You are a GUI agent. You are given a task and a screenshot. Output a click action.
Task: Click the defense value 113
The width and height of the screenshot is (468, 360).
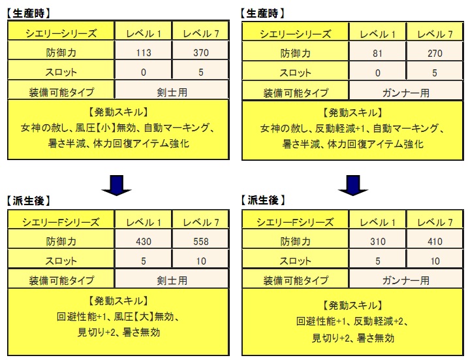pyautogui.click(x=144, y=53)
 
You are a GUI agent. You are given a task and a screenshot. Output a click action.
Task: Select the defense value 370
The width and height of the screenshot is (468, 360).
pyautogui.click(x=201, y=53)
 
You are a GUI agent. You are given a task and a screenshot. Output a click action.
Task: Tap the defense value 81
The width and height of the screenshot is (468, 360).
pyautogui.click(x=377, y=54)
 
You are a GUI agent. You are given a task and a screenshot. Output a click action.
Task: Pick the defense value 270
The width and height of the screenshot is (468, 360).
pyautogui.click(x=435, y=54)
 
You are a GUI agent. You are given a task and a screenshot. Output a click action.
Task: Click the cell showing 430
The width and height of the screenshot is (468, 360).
pyautogui.click(x=144, y=241)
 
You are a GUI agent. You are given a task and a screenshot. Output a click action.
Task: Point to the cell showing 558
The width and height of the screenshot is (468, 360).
pyautogui.click(x=201, y=241)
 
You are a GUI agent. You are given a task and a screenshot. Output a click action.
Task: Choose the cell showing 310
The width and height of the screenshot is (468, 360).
pyautogui.click(x=377, y=241)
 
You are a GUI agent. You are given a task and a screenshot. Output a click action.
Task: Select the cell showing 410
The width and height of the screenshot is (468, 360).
pyautogui.click(x=435, y=241)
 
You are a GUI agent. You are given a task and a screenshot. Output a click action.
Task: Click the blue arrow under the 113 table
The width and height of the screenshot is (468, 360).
pyautogui.click(x=116, y=186)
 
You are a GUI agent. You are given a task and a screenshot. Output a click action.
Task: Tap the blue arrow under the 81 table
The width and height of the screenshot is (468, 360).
pyautogui.click(x=353, y=186)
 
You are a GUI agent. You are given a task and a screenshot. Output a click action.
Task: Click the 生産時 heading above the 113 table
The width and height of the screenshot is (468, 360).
pyautogui.click(x=29, y=13)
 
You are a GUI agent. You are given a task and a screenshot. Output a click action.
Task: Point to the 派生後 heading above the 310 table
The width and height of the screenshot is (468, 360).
pyautogui.click(x=262, y=201)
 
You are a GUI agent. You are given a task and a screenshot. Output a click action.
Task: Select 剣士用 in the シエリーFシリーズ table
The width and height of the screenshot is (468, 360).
pyautogui.click(x=172, y=280)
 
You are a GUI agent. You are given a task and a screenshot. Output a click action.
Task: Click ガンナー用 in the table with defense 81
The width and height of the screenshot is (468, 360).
pyautogui.click(x=406, y=93)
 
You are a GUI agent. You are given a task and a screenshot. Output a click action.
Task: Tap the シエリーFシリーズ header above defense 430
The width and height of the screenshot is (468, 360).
pyautogui.click(x=61, y=222)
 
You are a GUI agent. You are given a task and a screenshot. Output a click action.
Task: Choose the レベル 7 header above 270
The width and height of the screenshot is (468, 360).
pyautogui.click(x=435, y=35)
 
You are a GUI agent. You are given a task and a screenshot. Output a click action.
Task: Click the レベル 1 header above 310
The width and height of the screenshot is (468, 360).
pyautogui.click(x=377, y=222)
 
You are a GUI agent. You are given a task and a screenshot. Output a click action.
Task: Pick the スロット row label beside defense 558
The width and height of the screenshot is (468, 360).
pyautogui.click(x=61, y=261)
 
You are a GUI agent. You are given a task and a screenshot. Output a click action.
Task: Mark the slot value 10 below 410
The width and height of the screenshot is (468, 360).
pyautogui.click(x=435, y=261)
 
